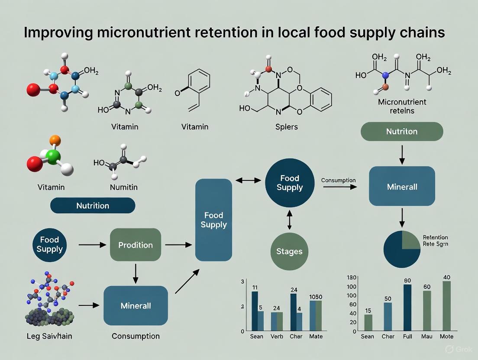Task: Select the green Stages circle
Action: [289, 251]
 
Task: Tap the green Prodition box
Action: [136, 245]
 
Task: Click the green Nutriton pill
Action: [402, 131]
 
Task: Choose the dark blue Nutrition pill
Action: [93, 206]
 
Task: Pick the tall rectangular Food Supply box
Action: [213, 220]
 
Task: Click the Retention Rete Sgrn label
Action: [435, 241]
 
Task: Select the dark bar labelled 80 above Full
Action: [407, 308]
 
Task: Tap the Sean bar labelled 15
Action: [368, 322]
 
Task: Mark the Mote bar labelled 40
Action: [446, 306]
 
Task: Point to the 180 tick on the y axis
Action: [352, 277]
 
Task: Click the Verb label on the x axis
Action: [277, 336]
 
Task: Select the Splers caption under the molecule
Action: [286, 128]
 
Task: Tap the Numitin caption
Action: [123, 187]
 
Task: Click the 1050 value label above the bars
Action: [316, 297]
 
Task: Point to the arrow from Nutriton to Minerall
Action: [402, 154]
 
